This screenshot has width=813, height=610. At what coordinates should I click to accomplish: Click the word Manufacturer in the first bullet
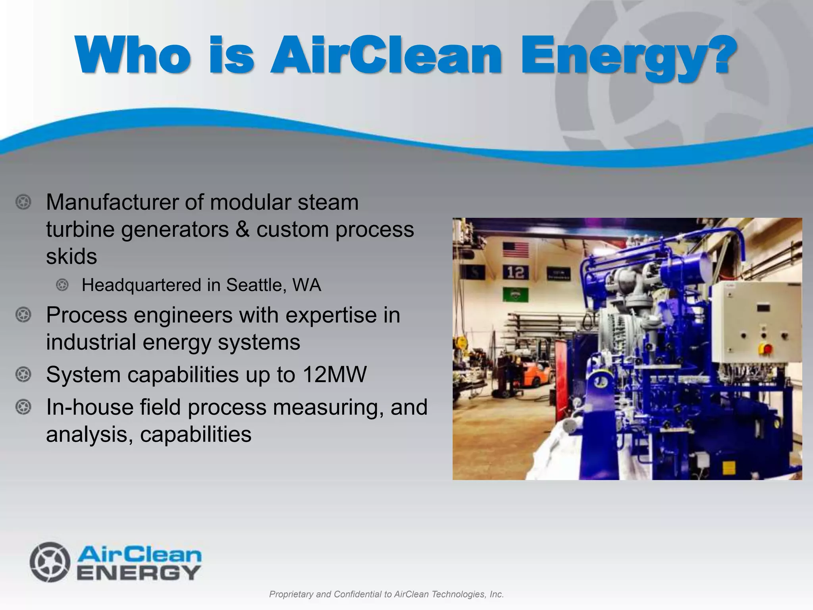(x=114, y=202)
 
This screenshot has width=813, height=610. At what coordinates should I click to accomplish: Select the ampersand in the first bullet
(x=243, y=229)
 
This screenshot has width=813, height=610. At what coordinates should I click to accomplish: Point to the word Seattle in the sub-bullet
(x=254, y=285)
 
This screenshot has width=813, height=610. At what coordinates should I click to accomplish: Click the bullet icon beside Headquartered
(x=62, y=285)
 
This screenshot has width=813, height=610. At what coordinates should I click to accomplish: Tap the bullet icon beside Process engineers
(x=23, y=315)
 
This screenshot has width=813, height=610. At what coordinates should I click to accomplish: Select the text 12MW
(x=334, y=374)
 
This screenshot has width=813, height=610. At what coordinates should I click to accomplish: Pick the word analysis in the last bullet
(x=89, y=434)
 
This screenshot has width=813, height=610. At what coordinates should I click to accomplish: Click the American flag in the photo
(x=516, y=249)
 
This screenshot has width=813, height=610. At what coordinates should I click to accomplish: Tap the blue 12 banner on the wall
(x=515, y=272)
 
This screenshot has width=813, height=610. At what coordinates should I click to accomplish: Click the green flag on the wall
(x=515, y=295)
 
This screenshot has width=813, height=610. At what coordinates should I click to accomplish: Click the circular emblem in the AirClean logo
(x=50, y=562)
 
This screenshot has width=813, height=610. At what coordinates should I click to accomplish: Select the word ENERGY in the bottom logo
(x=139, y=573)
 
